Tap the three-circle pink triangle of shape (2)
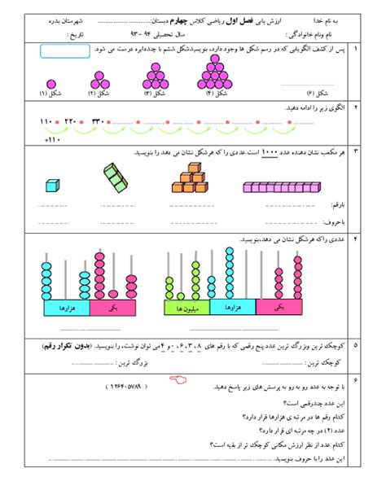[101, 79]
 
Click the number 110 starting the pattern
[45, 123]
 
